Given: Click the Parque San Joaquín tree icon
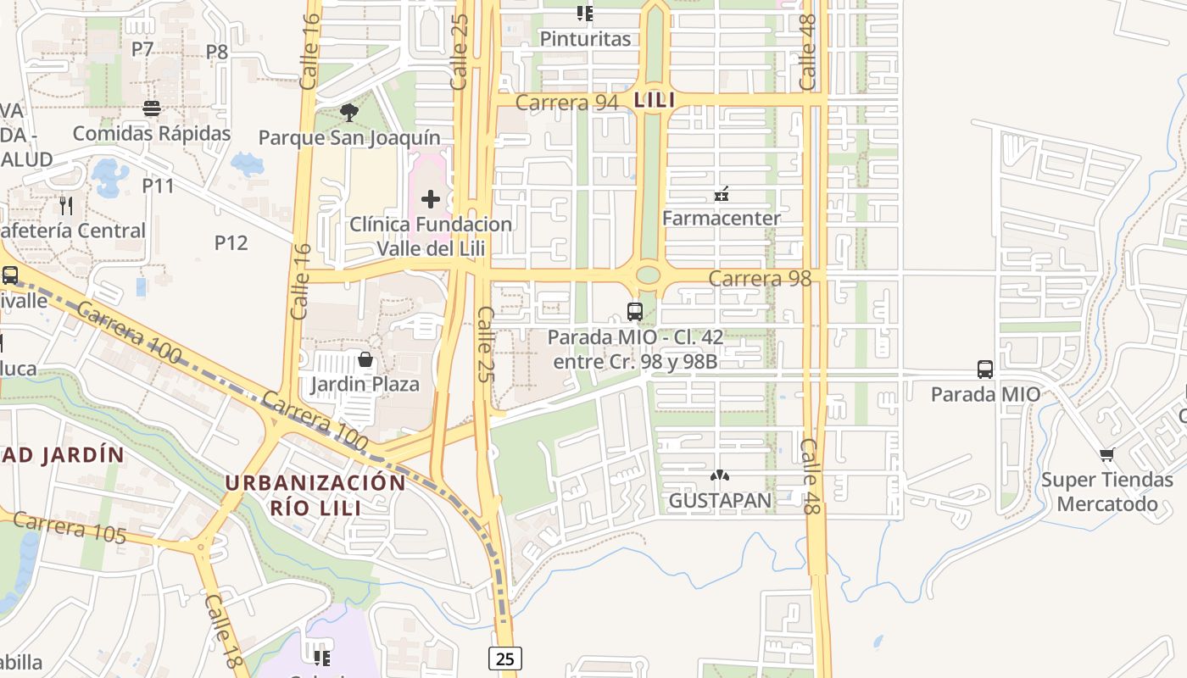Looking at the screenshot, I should pyautogui.click(x=348, y=112).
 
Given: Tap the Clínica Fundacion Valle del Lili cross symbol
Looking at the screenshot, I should pyautogui.click(x=431, y=199).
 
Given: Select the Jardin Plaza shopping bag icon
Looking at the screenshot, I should pyautogui.click(x=365, y=359).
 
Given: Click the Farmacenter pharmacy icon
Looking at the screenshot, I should pyautogui.click(x=721, y=194).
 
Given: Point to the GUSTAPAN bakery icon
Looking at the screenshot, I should pyautogui.click(x=720, y=476).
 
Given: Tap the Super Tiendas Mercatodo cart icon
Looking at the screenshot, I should pyautogui.click(x=1106, y=455).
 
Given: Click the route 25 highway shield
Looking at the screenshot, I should pyautogui.click(x=504, y=658).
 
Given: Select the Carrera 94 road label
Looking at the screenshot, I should pyautogui.click(x=566, y=103).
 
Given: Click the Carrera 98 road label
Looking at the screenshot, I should pyautogui.click(x=760, y=278).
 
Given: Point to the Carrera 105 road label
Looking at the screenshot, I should pyautogui.click(x=70, y=527).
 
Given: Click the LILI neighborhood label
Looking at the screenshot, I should pyautogui.click(x=655, y=100).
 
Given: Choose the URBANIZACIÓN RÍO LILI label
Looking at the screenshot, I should pyautogui.click(x=315, y=495).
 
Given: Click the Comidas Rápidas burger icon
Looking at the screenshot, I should pyautogui.click(x=152, y=108).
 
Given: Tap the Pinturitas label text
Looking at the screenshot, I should pyautogui.click(x=585, y=39).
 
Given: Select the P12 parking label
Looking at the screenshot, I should pyautogui.click(x=231, y=243).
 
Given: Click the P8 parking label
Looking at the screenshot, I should pyautogui.click(x=217, y=52).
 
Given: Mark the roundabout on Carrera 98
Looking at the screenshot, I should pyautogui.click(x=648, y=275).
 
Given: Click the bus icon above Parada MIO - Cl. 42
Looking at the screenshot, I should pyautogui.click(x=635, y=311).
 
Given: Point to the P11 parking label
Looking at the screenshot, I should pyautogui.click(x=158, y=186).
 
